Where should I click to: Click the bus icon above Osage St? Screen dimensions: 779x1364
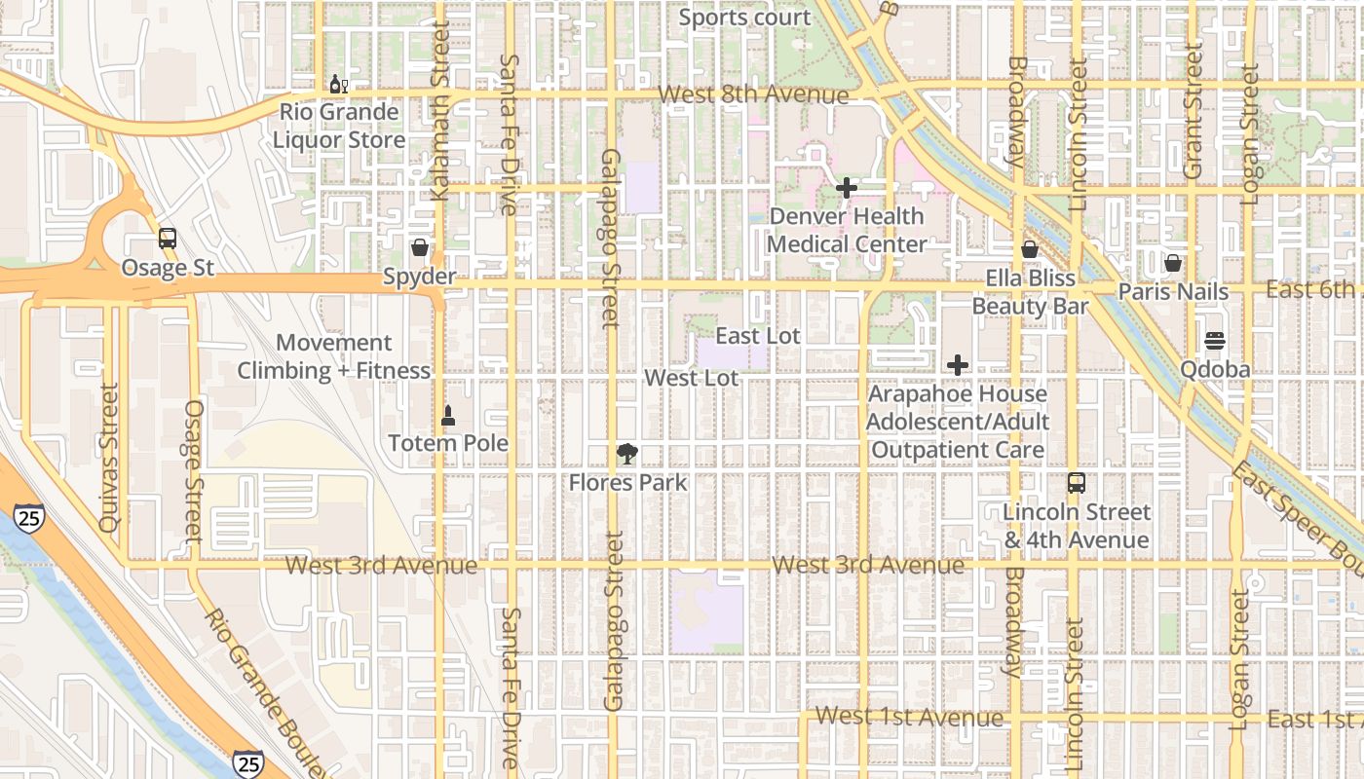point(167,239)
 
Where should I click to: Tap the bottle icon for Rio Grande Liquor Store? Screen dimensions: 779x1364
point(338,85)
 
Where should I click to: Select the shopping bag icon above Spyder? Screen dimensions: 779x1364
point(420,247)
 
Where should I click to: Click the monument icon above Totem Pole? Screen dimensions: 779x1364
point(448,416)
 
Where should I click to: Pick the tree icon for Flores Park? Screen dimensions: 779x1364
point(628,454)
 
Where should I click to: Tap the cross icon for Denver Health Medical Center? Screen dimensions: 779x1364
point(847,188)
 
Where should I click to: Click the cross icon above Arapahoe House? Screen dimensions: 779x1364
point(958,365)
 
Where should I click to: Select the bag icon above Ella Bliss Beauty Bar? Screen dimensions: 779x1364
point(1030,250)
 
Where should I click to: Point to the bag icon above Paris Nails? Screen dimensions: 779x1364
point(1173,263)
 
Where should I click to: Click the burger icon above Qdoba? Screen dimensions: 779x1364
point(1214,341)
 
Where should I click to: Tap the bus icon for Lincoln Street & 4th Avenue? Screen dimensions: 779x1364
point(1077,483)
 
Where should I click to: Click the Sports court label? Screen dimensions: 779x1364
point(744,18)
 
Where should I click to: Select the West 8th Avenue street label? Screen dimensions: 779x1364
point(753,94)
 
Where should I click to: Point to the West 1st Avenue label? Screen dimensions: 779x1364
point(909,718)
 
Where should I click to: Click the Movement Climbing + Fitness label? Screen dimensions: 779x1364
point(334,356)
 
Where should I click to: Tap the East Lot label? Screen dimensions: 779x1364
point(758,336)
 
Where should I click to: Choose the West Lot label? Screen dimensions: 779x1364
point(692,378)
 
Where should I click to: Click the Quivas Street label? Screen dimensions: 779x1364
point(108,457)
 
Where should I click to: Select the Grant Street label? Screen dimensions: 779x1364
point(1193,112)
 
